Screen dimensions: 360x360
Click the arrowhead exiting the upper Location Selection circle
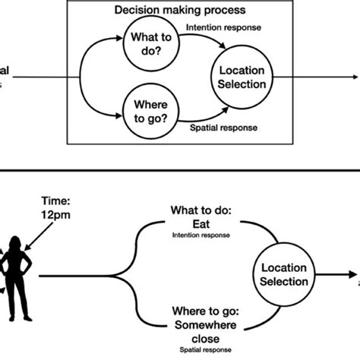click(x=355, y=77)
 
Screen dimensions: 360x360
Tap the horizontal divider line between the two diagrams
click(x=180, y=175)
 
